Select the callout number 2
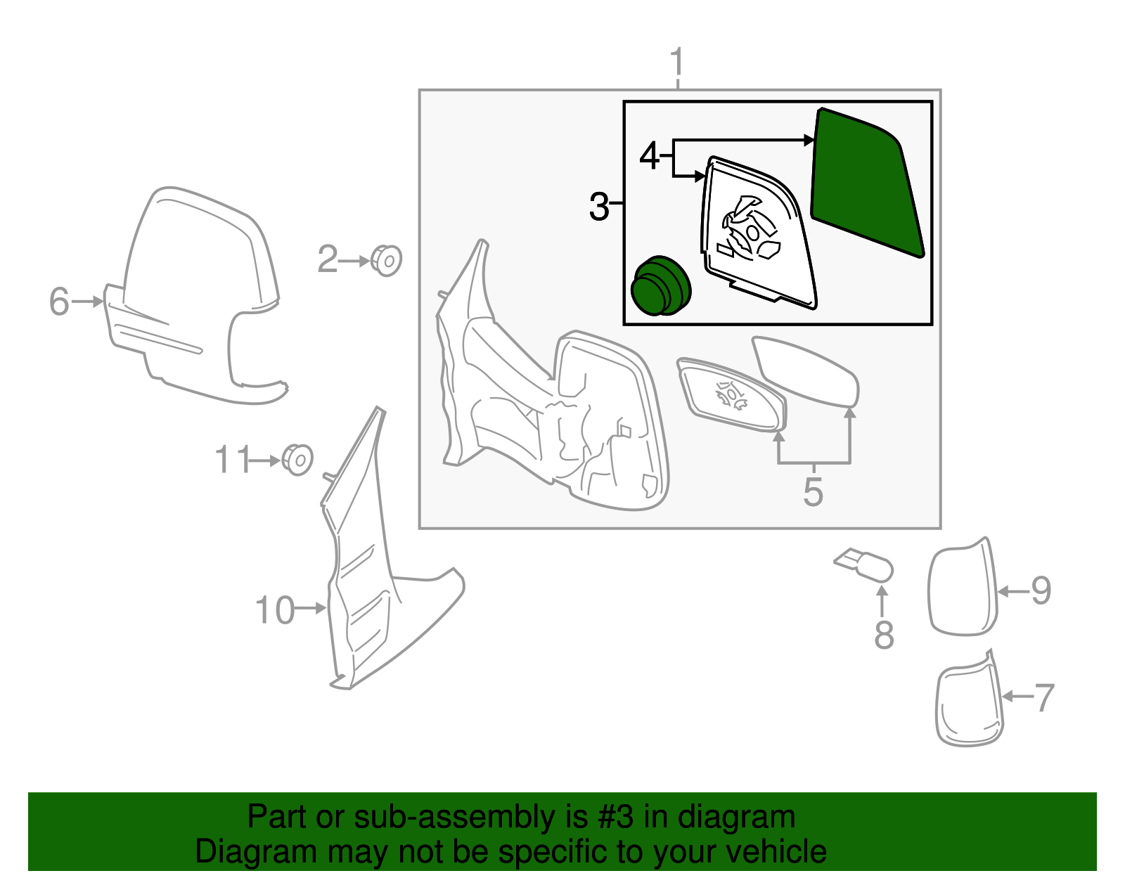tap(328, 259)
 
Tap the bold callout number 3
tap(599, 207)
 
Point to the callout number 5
tap(813, 491)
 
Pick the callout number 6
tap(59, 302)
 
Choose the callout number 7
tap(1044, 698)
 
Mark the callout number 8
tap(884, 635)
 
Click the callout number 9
tap(1041, 590)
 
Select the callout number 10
tap(274, 610)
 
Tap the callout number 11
tap(233, 460)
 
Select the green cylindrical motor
tap(660, 285)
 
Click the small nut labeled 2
tap(386, 261)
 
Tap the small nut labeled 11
tap(297, 460)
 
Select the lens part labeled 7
tap(969, 702)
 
